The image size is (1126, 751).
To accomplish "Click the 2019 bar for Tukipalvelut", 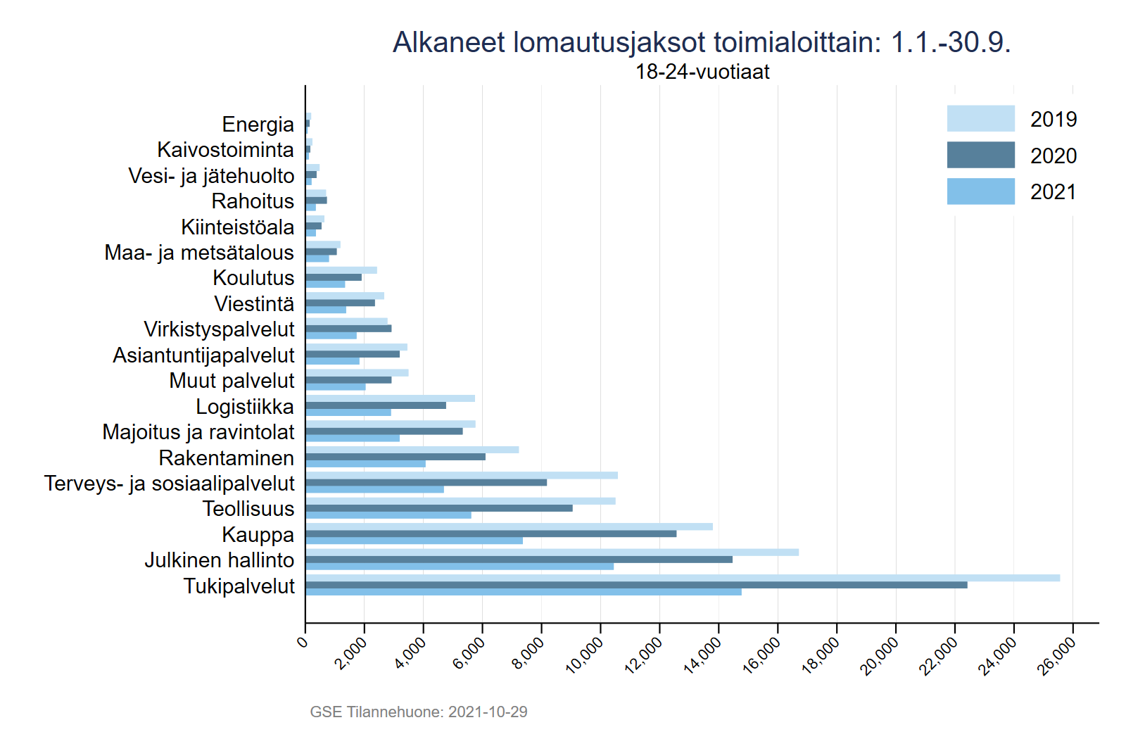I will tap(683, 578).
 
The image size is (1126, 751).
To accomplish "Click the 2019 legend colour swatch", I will tap(980, 119).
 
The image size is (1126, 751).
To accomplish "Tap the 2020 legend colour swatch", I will tap(980, 155).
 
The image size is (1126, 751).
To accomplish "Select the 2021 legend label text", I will tap(1053, 191).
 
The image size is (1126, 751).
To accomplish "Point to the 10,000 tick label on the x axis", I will tap(585, 655).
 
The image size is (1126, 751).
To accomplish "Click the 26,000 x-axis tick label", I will tap(1058, 655).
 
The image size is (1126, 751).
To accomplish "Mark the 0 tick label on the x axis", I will tap(303, 642).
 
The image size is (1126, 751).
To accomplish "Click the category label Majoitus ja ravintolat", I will tap(198, 431).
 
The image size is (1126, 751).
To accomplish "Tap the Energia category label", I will tap(258, 124).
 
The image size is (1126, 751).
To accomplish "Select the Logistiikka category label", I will tap(245, 406).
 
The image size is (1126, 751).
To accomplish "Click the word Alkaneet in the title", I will tap(448, 42).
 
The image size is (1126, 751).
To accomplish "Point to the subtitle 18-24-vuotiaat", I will tap(702, 72).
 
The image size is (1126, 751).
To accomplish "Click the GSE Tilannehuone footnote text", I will tap(419, 712).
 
